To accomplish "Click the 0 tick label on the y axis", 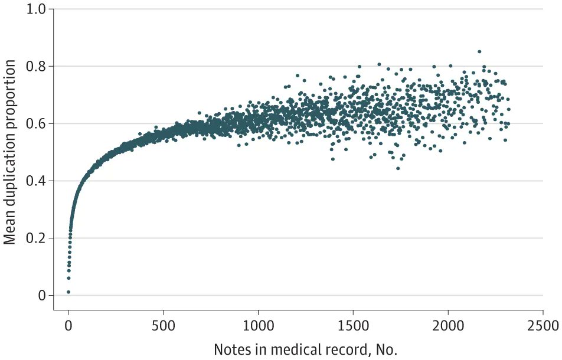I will (41, 295).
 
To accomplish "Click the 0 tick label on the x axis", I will (68, 326).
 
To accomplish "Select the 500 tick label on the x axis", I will (163, 326).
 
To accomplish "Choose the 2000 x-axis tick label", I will (448, 326).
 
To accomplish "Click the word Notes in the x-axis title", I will (231, 349).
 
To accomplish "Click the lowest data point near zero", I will (68, 292).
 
